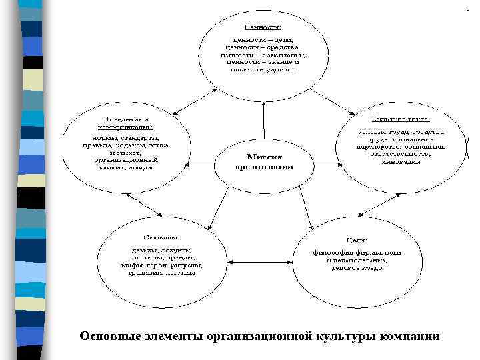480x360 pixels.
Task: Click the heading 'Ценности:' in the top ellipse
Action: [263, 27]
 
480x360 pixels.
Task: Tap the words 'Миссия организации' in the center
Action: [264, 161]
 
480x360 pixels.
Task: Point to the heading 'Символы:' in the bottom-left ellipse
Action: [159, 237]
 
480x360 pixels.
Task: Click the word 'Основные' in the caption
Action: [109, 336]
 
